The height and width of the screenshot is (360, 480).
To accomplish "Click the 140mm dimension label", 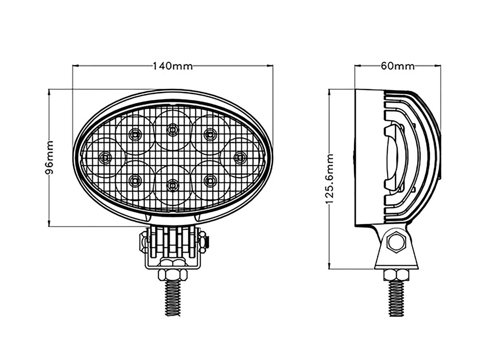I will pyautogui.click(x=173, y=66).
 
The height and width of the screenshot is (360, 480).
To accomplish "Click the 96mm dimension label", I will pyautogui.click(x=49, y=158).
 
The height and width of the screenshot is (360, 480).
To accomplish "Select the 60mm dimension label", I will pyautogui.click(x=397, y=66).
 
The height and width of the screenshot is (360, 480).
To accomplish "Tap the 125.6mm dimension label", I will pyautogui.click(x=330, y=179).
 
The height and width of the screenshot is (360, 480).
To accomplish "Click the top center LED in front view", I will pyautogui.click(x=172, y=129).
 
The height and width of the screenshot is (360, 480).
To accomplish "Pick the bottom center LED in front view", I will pyautogui.click(x=172, y=185).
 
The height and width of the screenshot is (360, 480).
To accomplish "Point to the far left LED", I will pyautogui.click(x=105, y=158).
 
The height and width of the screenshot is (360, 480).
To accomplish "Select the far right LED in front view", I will pyautogui.click(x=239, y=158).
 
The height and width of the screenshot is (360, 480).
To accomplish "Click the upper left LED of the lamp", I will pyautogui.click(x=135, y=135).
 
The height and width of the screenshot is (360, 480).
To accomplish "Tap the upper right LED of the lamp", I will pyautogui.click(x=210, y=135).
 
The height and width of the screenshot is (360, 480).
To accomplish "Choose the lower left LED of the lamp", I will pyautogui.click(x=135, y=181).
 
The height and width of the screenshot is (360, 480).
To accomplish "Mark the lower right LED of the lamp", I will pyautogui.click(x=210, y=181).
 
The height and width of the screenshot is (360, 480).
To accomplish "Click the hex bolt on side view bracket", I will pyautogui.click(x=396, y=242).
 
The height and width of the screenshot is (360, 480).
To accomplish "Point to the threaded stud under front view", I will pyautogui.click(x=173, y=297).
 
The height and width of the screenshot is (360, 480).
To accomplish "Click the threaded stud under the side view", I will pyautogui.click(x=396, y=298).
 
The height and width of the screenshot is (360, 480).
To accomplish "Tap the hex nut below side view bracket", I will pyautogui.click(x=396, y=274).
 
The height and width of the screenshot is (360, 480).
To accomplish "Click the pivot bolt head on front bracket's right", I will pyautogui.click(x=204, y=241).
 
